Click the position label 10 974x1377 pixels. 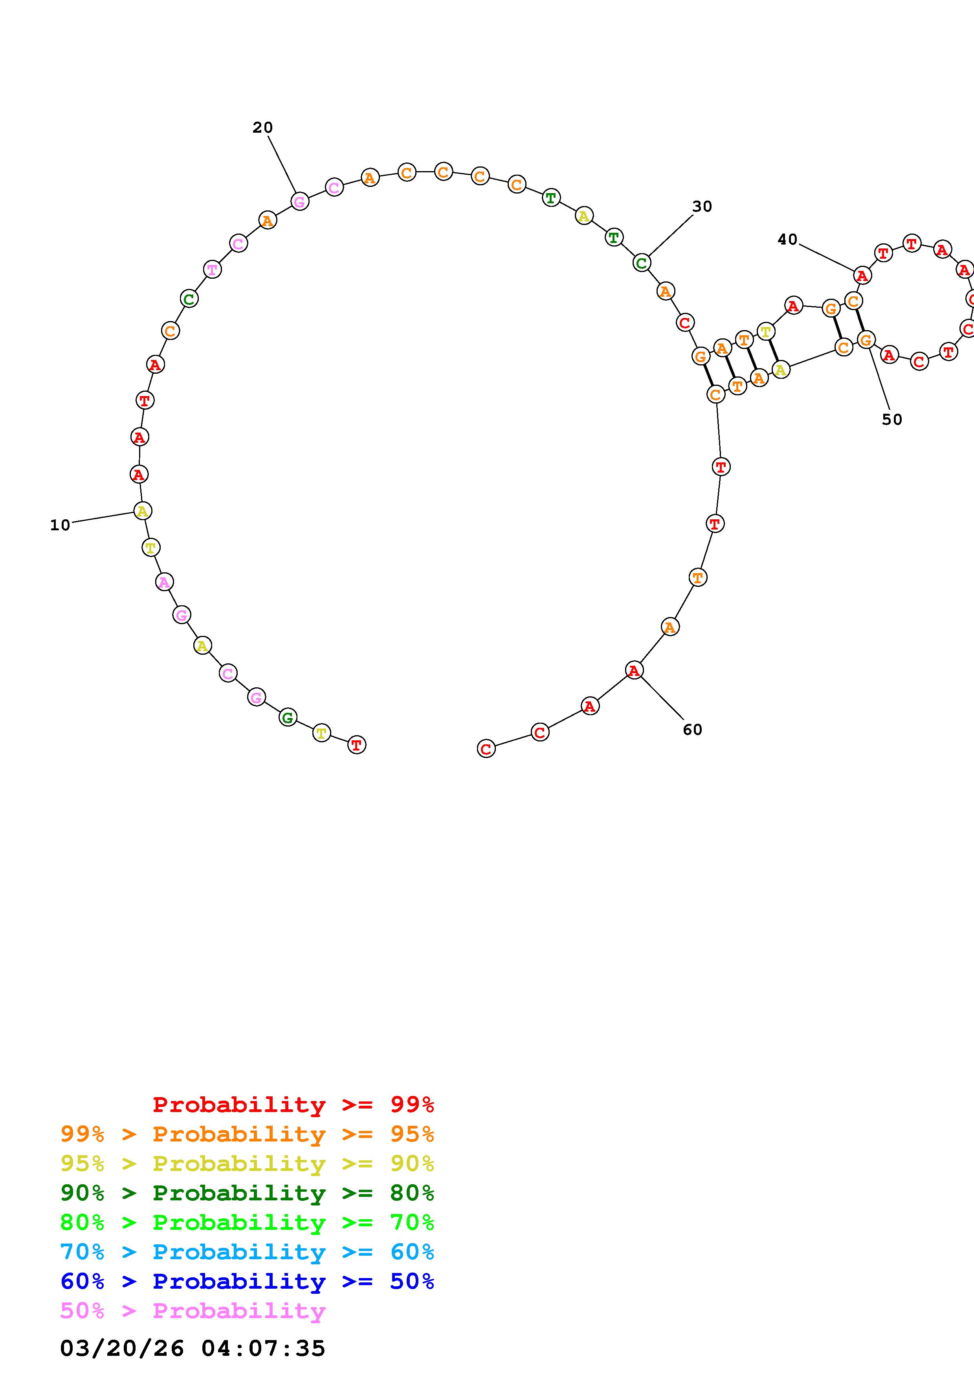pyautogui.click(x=60, y=525)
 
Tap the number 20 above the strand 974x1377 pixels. pyautogui.click(x=262, y=128)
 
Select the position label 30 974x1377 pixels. pyautogui.click(x=702, y=207)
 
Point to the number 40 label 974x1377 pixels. pyautogui.click(x=787, y=240)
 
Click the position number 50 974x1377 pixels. pyautogui.click(x=892, y=420)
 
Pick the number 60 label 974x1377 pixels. pyautogui.click(x=693, y=730)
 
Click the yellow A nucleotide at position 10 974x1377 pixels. pyautogui.click(x=142, y=511)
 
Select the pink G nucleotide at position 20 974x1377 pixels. pyautogui.click(x=299, y=201)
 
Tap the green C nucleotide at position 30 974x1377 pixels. pyautogui.click(x=642, y=262)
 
